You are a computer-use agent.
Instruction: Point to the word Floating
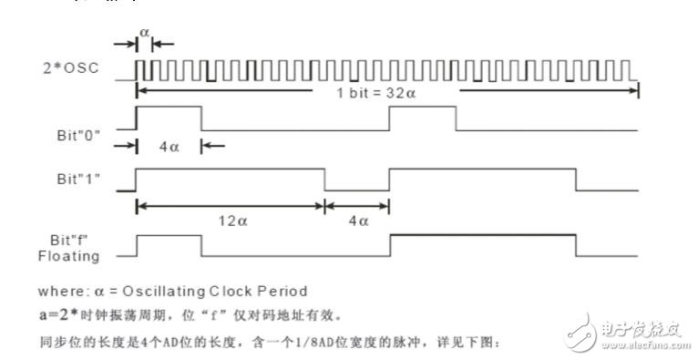pyautogui.click(x=75, y=256)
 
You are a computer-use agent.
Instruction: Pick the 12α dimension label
pyautogui.click(x=230, y=221)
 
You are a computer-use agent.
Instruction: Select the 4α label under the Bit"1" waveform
pyautogui.click(x=357, y=221)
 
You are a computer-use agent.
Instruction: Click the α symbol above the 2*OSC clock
pyautogui.click(x=143, y=31)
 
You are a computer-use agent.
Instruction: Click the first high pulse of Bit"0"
pyautogui.click(x=169, y=108)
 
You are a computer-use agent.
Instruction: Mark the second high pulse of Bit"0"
pyautogui.click(x=423, y=108)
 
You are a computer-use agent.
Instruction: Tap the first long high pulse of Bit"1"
pyautogui.click(x=230, y=170)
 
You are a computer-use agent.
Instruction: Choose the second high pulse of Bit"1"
pyautogui.click(x=483, y=170)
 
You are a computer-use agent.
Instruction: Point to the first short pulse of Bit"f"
pyautogui.click(x=169, y=237)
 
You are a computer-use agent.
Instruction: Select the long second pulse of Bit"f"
pyautogui.click(x=483, y=237)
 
